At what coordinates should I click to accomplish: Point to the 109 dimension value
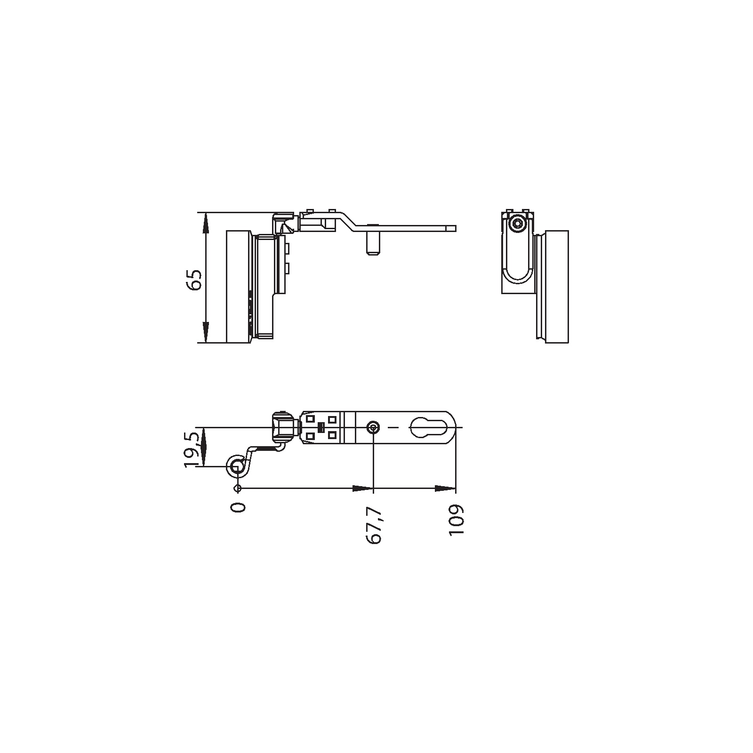(457, 520)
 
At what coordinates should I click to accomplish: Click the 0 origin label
(239, 507)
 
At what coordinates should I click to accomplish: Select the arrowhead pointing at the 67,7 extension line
(362, 489)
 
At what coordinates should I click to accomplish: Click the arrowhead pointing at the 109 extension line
(445, 489)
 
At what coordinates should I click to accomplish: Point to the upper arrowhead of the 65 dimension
(205, 223)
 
